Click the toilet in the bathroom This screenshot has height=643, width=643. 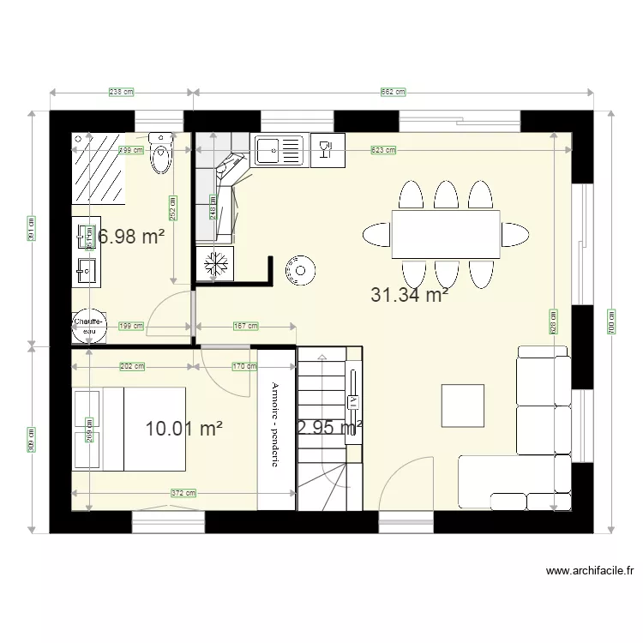(160, 154)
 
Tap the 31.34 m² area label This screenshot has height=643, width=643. (411, 296)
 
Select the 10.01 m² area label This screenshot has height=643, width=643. (185, 429)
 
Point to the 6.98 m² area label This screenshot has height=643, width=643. (130, 237)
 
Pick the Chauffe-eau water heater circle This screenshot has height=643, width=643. (88, 326)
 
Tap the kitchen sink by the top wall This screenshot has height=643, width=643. (279, 149)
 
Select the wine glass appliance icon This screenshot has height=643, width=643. (325, 150)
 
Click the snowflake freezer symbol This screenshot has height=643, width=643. (214, 263)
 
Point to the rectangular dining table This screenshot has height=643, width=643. (446, 233)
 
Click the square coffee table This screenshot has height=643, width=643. (463, 406)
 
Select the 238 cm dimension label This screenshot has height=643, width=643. (121, 92)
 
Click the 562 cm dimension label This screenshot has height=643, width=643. (393, 92)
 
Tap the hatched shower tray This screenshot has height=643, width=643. (98, 169)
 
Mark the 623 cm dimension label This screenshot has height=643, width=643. (383, 150)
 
